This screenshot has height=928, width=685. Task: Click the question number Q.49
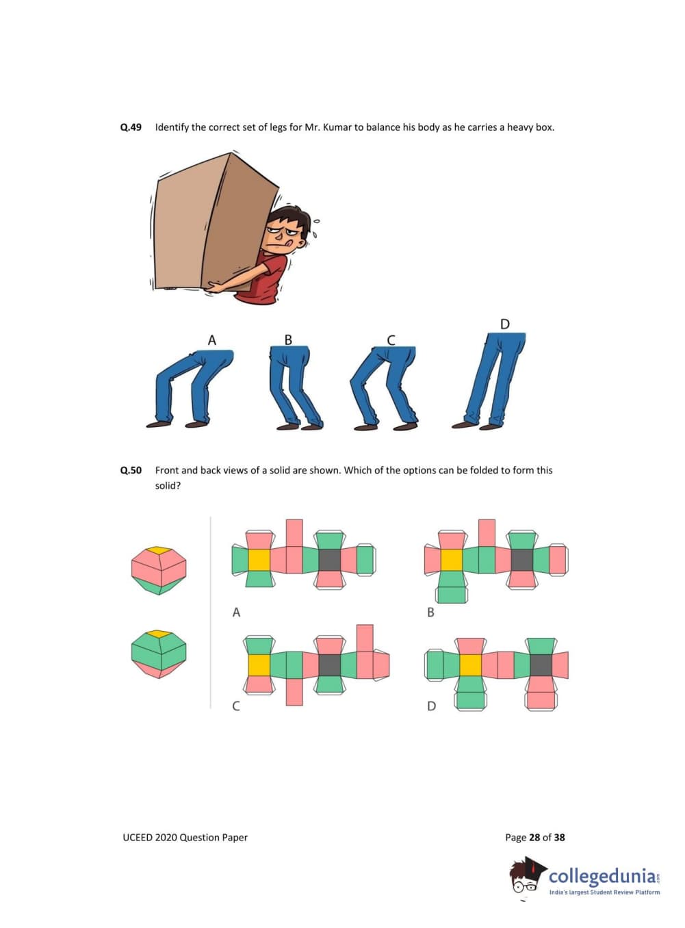coord(131,127)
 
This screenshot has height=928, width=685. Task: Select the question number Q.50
coord(131,470)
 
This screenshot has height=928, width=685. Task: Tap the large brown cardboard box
coord(214,222)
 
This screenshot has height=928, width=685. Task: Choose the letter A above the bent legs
coord(211,340)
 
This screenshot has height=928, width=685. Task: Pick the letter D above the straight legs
coord(504,324)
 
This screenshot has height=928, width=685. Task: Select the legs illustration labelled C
coord(384,388)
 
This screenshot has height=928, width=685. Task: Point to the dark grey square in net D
coord(541,665)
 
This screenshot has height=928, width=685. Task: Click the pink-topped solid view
coord(159,570)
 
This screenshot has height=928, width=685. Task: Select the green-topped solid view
coord(159,654)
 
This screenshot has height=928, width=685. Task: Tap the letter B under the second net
coord(430,613)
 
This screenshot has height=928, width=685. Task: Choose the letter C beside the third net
coord(236,706)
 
